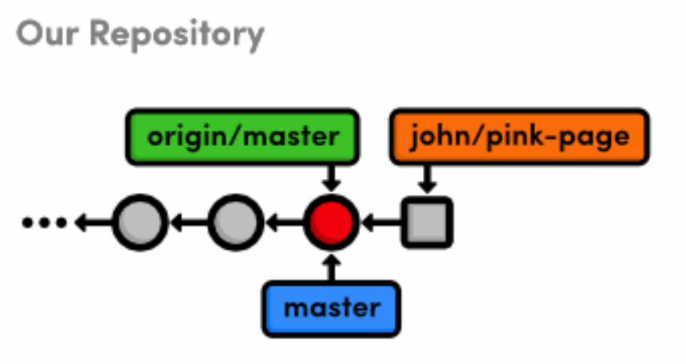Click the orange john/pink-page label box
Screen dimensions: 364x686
[x=519, y=137]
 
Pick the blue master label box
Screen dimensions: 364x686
[x=332, y=307]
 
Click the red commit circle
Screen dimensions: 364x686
[x=332, y=221]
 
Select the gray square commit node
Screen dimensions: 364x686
[x=427, y=221]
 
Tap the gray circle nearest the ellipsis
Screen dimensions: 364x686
[x=140, y=221]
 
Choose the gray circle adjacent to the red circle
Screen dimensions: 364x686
[x=236, y=221]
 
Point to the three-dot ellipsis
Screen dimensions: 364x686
[x=45, y=222]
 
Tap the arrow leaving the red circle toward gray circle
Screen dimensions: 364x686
[x=284, y=222]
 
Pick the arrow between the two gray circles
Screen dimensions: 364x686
[x=188, y=222]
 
